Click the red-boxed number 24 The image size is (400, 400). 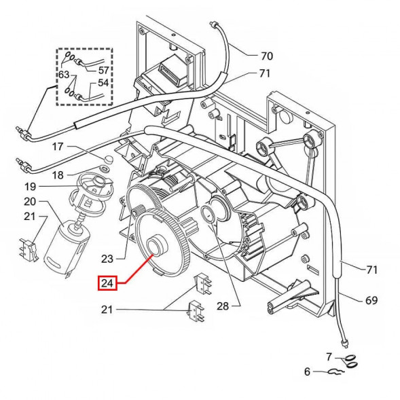tap(107, 283)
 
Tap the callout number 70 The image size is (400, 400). tap(267, 56)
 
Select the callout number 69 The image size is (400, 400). tap(371, 300)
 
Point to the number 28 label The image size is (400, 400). tap(223, 306)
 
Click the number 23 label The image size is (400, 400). tap(107, 259)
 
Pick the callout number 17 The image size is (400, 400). tap(58, 147)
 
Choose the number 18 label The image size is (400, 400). tap(58, 175)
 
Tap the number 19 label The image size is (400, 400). tap(30, 187)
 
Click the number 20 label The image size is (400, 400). tap(30, 202)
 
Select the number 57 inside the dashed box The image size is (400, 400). tap(103, 70)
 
